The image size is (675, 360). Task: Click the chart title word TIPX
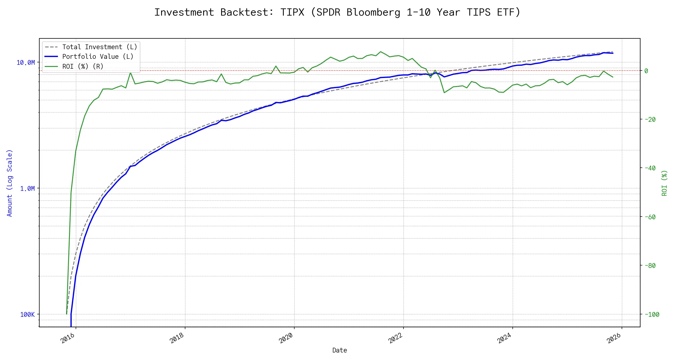coord(292,12)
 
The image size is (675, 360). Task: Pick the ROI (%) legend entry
coord(82,66)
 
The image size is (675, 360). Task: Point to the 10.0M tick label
coord(26,63)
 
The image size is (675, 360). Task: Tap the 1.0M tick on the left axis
coord(28,189)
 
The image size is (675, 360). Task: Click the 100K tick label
coord(28,315)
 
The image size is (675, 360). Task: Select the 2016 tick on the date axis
coord(68,338)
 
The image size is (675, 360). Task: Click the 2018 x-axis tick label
coord(177,338)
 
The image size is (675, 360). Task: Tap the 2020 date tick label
coord(286,338)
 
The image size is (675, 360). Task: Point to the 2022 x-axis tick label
coord(395,338)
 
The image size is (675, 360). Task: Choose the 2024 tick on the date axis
coord(505,338)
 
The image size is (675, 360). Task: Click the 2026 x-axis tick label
coord(614,338)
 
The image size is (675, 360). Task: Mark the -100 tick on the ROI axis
coord(652,315)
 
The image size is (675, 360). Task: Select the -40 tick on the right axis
coord(650,168)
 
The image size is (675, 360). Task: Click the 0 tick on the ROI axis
coord(646,71)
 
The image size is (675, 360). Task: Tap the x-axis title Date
coord(340,350)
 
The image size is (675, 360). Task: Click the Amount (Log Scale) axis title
coord(10,183)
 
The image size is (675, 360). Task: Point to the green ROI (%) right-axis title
coord(664,183)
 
